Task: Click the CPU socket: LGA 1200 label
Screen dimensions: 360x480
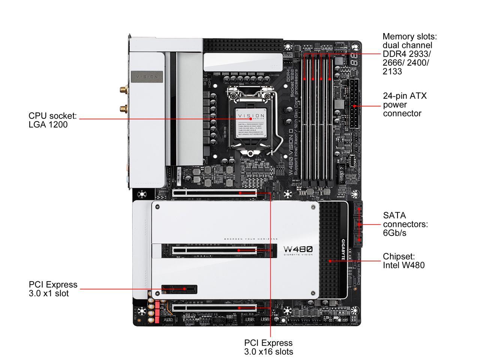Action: (52, 120)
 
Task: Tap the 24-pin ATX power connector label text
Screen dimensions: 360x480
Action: (405, 105)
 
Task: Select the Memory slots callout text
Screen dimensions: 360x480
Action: (409, 54)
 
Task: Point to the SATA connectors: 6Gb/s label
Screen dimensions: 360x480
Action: (405, 224)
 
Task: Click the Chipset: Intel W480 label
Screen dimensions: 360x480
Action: (403, 261)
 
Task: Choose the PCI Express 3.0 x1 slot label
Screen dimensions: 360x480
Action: (53, 289)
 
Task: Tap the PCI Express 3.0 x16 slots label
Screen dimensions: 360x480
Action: (268, 347)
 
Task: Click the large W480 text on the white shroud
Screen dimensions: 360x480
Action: (298, 249)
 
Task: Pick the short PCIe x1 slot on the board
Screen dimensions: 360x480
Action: (180, 289)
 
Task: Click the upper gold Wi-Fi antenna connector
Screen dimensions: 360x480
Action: (123, 90)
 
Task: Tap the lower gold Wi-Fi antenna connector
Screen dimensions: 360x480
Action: (123, 109)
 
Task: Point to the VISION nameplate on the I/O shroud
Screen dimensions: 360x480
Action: (147, 76)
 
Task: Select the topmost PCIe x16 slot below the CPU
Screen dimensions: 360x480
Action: (214, 193)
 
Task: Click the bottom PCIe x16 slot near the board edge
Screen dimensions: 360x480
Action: (214, 307)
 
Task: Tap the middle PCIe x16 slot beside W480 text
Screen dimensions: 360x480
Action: (221, 250)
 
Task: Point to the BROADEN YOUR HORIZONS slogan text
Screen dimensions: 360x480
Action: (251, 239)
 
